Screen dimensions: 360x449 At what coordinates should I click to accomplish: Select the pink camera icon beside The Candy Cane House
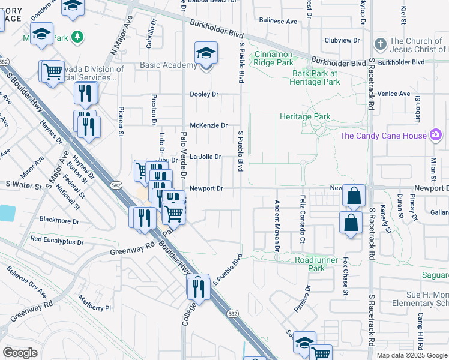(x=435, y=136)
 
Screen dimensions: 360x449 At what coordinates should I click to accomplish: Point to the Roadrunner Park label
(x=318, y=264)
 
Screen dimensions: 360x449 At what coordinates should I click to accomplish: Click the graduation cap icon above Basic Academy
(x=206, y=53)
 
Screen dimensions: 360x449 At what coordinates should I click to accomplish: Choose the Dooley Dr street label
(x=205, y=94)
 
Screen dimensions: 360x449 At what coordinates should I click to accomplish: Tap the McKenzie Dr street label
(x=208, y=125)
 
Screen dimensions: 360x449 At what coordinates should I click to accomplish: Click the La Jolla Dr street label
(x=205, y=157)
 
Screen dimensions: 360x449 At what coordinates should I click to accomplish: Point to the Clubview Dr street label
(x=342, y=41)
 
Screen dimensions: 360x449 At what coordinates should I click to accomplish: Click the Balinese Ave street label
(x=278, y=21)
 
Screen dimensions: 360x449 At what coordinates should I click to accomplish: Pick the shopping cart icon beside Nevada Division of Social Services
(x=52, y=71)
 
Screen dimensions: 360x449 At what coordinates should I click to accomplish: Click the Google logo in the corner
(x=20, y=353)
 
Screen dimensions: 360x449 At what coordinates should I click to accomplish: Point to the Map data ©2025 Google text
(x=411, y=355)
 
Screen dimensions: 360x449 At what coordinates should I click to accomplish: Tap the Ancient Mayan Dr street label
(x=277, y=225)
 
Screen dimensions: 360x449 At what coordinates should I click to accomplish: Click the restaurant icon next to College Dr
(x=197, y=287)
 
